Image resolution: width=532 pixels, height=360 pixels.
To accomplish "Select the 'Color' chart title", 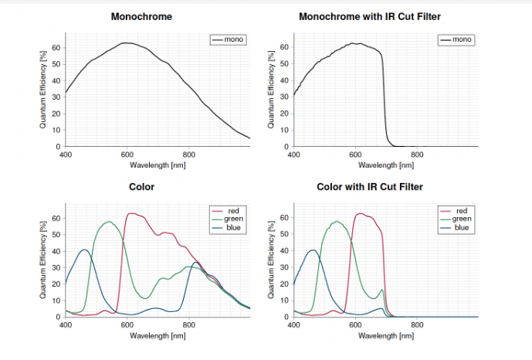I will pos(142,187).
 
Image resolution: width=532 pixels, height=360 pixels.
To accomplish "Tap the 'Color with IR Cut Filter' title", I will pos(371,187).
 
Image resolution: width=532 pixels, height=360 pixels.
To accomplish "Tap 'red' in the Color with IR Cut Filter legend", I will pos(462,210).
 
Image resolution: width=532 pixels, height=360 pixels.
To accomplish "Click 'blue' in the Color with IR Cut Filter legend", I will pos(462,227).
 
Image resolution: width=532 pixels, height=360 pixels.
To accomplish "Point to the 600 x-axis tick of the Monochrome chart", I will pos(127,154).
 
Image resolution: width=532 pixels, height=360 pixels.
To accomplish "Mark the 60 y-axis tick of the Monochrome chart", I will pos(56,47).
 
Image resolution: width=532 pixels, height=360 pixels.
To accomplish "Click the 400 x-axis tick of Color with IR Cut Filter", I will pos(294,325).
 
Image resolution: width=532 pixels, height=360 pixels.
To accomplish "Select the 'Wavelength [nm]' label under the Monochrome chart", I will pos(158,165).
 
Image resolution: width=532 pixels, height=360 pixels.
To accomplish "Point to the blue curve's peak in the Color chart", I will pos(85,250).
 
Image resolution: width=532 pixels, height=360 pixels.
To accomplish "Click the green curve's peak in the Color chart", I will pos(109,222).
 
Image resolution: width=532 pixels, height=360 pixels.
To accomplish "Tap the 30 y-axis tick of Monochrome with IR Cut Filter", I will pos(285,97).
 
